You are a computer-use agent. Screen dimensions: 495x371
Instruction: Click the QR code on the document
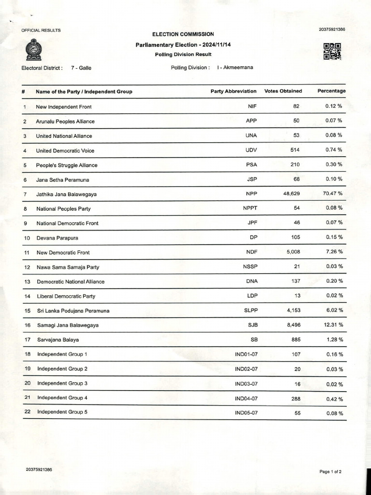[332, 51]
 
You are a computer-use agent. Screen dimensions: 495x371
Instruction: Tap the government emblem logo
[33, 50]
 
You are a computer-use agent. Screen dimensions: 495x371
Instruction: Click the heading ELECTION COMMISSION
[183, 34]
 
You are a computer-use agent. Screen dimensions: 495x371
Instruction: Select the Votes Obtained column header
[283, 91]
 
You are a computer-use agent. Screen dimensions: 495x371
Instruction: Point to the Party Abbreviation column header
[233, 91]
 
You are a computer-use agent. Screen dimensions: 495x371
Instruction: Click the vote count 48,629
[290, 193]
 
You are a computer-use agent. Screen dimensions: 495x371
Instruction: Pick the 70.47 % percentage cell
[333, 193]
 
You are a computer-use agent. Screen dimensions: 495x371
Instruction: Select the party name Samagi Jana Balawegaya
[68, 325]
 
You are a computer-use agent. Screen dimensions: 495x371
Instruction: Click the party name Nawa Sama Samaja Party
[68, 267]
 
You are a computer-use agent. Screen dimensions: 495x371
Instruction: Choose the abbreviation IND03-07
[246, 384]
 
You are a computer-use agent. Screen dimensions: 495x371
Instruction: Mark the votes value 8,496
[293, 325]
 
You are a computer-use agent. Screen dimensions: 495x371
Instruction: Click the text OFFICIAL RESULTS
[41, 30]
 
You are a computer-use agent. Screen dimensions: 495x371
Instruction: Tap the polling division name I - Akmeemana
[235, 68]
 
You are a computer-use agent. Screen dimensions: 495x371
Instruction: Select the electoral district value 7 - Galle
[81, 68]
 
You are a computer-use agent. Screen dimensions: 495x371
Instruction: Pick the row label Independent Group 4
[62, 398]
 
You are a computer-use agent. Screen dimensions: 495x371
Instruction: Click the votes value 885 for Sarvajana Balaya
[295, 340]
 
